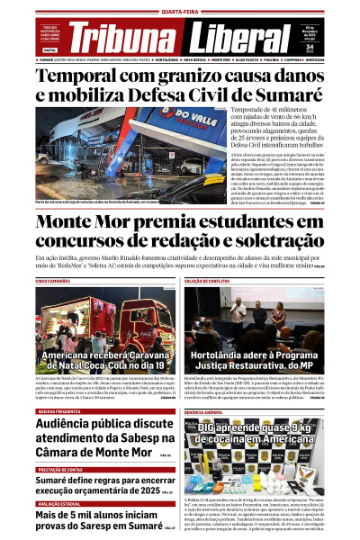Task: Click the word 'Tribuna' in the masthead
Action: pyautogui.click(x=122, y=39)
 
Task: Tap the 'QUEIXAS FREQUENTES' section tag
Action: pyautogui.click(x=61, y=410)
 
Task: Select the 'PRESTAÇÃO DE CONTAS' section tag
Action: pyautogui.click(x=61, y=470)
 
